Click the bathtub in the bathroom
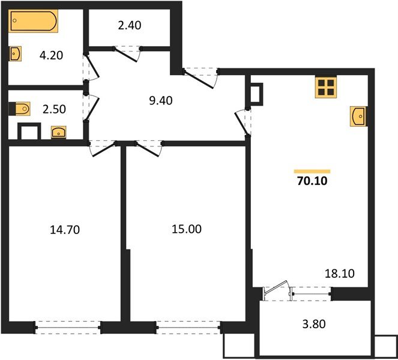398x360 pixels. pos(34,23)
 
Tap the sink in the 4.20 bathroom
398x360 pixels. pos(16,55)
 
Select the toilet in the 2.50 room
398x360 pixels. pos(22,109)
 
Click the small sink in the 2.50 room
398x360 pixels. pos(58,131)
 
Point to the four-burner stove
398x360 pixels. pos(327,88)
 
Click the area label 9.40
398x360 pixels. pos(160,100)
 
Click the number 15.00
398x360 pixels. pos(187,229)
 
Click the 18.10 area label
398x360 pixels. pos(340,274)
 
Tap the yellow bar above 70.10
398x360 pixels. pos(312,171)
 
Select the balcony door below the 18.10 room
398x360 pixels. pos(277,292)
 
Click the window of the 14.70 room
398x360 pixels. pos(67,327)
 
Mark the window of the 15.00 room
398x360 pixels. pos(188,327)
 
